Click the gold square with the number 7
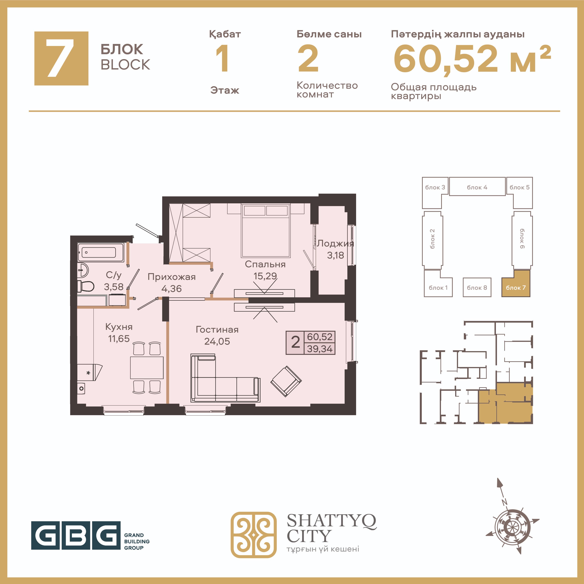(x=61, y=58)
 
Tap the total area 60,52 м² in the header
(x=472, y=59)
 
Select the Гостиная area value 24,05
(x=217, y=341)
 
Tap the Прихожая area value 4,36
(x=171, y=289)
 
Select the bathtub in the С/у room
(x=101, y=252)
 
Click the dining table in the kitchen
(x=147, y=368)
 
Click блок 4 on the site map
(x=477, y=187)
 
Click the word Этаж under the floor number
(x=225, y=90)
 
